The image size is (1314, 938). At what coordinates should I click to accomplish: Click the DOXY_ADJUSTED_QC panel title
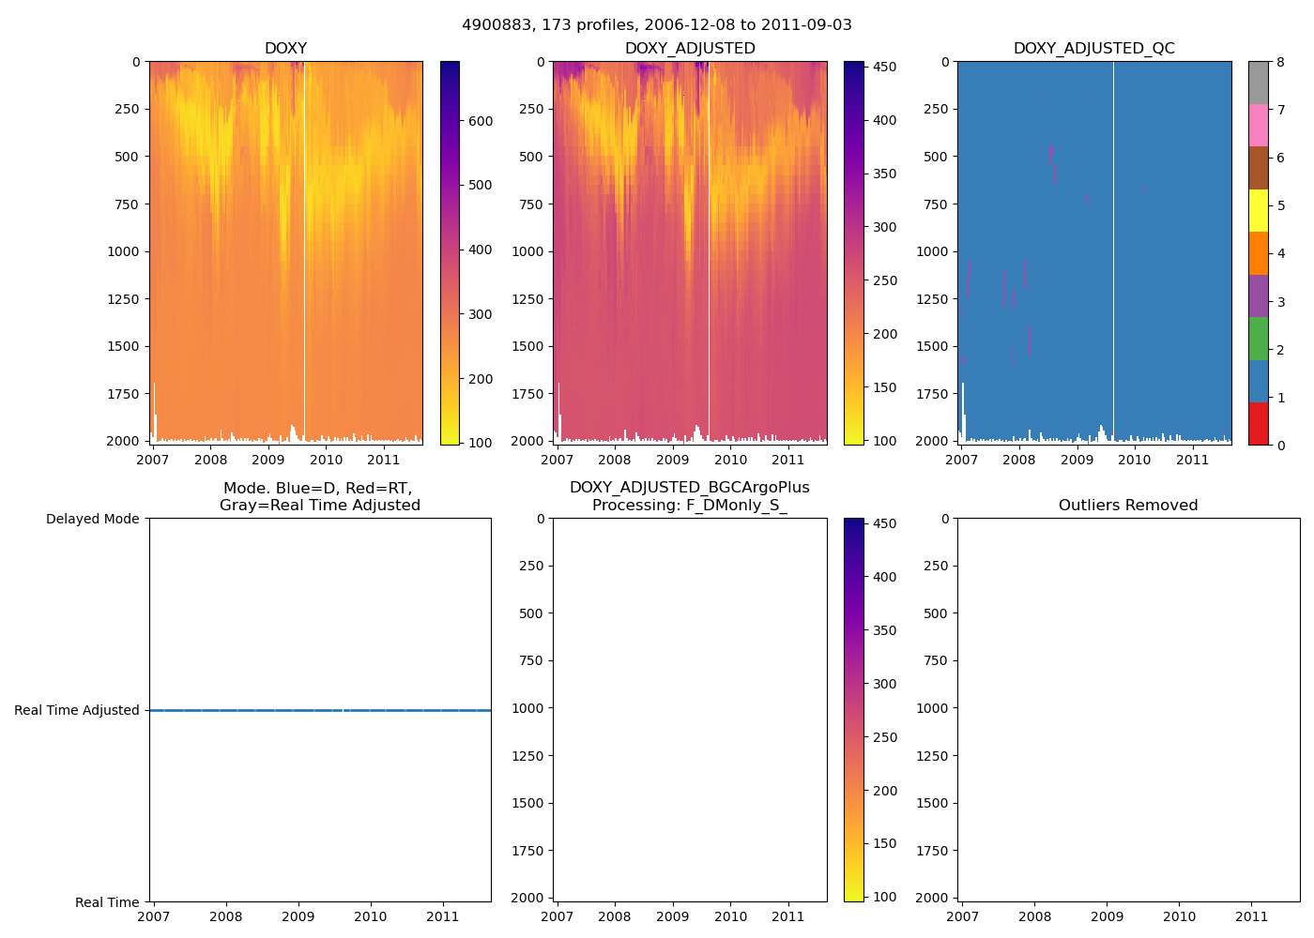1093,49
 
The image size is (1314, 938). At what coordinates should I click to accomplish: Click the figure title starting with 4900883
657,25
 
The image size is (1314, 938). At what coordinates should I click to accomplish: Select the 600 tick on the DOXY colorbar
481,121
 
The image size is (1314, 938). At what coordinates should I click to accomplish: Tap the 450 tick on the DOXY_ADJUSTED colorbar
884,68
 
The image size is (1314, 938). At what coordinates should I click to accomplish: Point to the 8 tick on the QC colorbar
1281,62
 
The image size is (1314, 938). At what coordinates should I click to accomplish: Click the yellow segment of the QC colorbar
1258,210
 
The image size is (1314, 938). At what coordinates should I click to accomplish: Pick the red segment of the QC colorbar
1258,424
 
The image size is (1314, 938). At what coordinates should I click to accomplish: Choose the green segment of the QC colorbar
1258,339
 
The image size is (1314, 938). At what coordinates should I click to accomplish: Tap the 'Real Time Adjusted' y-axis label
77,710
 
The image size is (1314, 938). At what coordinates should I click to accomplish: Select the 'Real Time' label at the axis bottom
107,902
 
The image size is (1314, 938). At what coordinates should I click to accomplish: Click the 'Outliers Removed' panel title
1128,506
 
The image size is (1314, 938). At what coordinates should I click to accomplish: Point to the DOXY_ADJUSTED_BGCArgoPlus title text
689,488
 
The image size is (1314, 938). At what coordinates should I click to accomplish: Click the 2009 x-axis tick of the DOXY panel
268,460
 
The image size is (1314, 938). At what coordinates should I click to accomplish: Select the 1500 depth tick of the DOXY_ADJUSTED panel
527,346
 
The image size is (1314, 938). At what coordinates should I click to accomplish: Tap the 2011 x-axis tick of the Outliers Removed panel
1251,916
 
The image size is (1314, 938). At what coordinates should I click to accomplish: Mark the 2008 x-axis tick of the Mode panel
225,916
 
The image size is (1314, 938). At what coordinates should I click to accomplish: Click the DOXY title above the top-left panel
285,49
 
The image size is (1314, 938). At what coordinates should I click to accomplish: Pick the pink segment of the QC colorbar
1258,125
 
